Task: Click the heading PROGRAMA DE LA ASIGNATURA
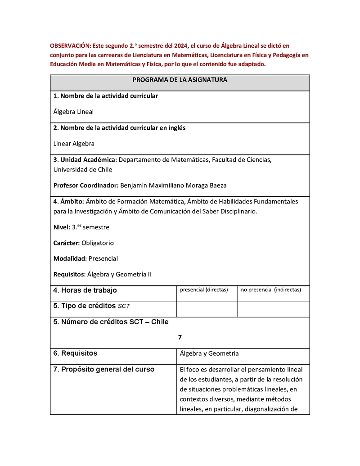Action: pos(180,80)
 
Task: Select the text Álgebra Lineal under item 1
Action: pos(73,112)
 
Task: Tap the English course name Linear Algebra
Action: pos(74,144)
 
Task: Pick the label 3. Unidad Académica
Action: pos(85,160)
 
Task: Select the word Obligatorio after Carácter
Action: pos(98,243)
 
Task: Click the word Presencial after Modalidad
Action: pos(103,258)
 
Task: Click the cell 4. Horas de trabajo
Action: pos(85,290)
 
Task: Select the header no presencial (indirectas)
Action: pos(271,290)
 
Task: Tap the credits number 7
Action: pos(180,337)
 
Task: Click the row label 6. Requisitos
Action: pos(75,353)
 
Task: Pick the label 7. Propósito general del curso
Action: pos(103,370)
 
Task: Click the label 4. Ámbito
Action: pos(68,201)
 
